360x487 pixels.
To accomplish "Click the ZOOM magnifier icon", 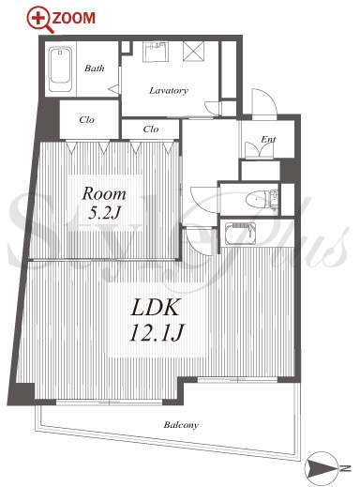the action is point(40,20).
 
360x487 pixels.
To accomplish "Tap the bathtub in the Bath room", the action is point(60,69).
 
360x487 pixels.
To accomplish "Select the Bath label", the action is point(95,68).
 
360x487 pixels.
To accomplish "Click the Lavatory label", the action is point(169,91).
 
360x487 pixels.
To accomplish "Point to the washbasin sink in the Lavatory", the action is point(156,52).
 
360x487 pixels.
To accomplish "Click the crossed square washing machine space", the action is point(193,52).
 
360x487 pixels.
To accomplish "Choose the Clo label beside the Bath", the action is point(86,119).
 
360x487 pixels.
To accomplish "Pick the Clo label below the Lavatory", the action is point(151,129).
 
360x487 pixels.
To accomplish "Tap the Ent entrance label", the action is point(268,139).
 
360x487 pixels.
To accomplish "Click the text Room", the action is point(104,194).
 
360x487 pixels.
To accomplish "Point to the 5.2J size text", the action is point(104,213).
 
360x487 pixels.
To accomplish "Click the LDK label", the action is point(156,308).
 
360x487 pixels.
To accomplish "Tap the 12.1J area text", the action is point(157,332).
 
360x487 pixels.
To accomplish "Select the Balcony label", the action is point(181,425).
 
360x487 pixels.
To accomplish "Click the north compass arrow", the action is point(322,468).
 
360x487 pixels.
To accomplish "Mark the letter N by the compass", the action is point(345,468).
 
